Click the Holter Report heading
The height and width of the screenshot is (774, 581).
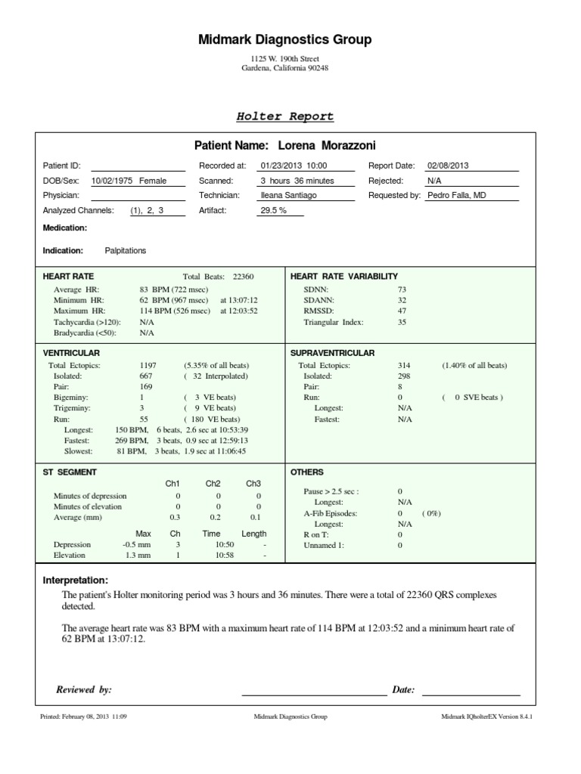coord(285,116)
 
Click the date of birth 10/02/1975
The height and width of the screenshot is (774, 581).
coord(113,181)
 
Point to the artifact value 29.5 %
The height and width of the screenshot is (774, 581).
coord(273,210)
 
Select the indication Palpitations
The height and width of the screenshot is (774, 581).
coord(126,250)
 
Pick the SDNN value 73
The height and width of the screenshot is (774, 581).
coord(402,289)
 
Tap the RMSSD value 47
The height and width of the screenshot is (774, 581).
coord(402,311)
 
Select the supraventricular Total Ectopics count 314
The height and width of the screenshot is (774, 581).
coord(402,365)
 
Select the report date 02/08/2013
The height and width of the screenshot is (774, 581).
coord(448,166)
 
